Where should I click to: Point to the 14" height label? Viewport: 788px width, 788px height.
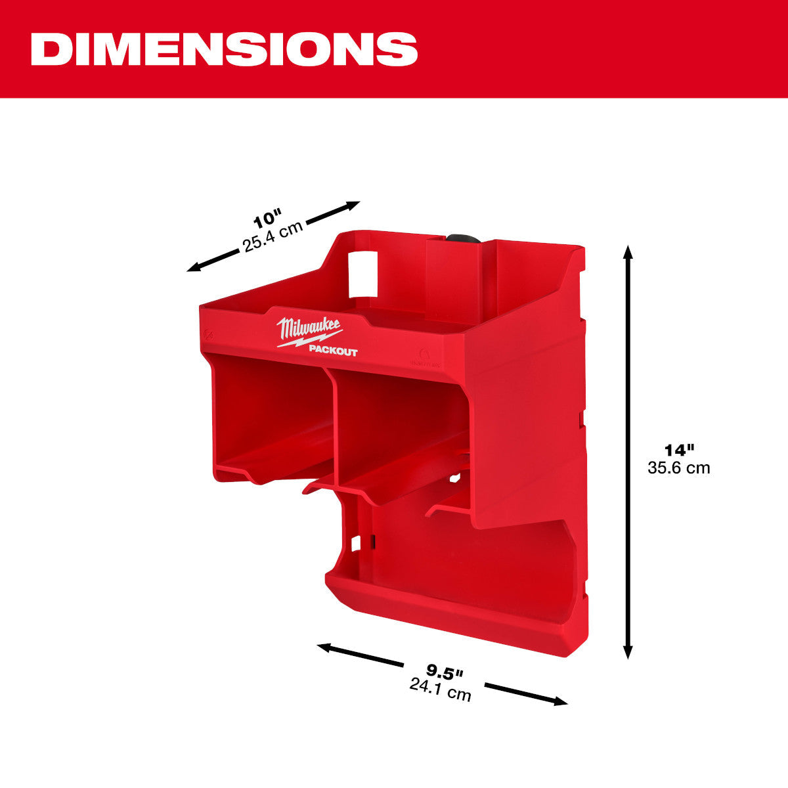pyautogui.click(x=678, y=450)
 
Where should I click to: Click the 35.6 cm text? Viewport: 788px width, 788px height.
pyautogui.click(x=678, y=468)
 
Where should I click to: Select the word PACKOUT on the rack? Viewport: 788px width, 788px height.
pyautogui.click(x=333, y=352)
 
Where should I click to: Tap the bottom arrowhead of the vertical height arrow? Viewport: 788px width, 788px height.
pyautogui.click(x=628, y=651)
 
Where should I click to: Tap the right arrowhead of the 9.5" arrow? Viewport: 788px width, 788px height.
pyautogui.click(x=561, y=702)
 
